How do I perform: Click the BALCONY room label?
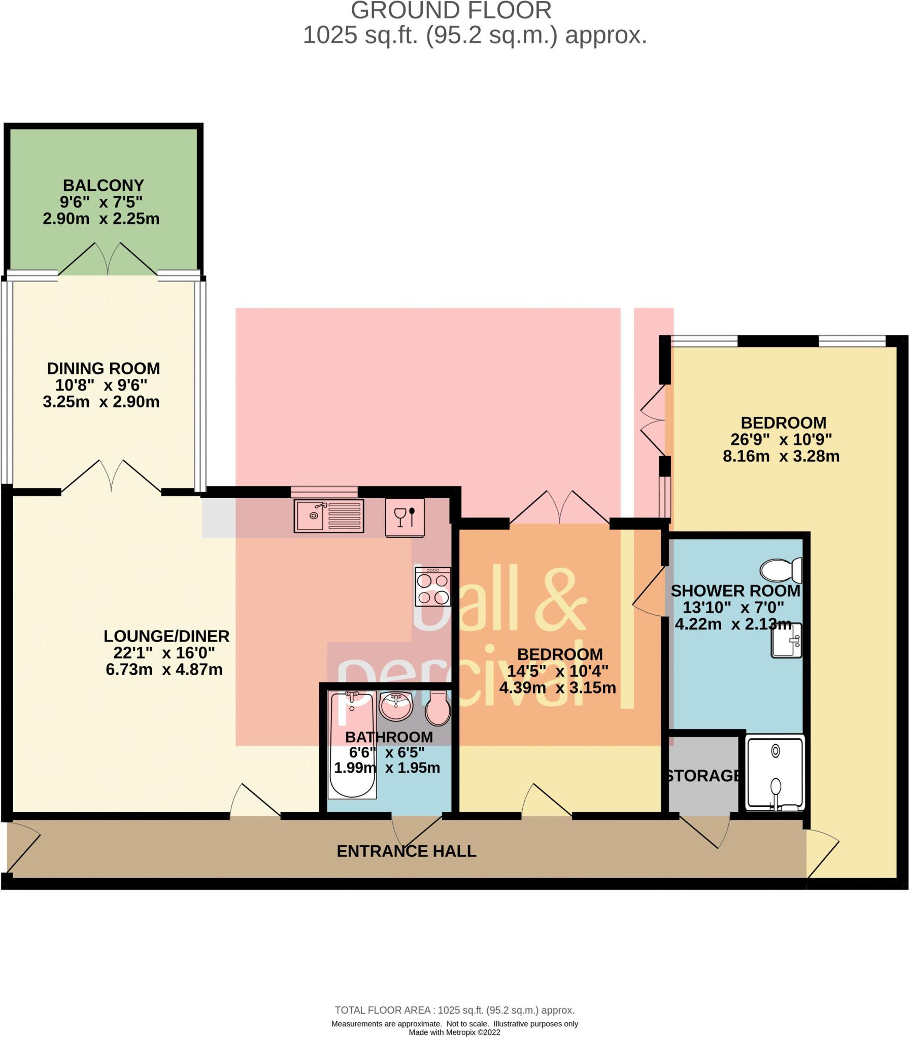pyautogui.click(x=103, y=185)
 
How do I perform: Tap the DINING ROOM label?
pyautogui.click(x=103, y=368)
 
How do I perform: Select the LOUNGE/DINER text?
pyautogui.click(x=166, y=636)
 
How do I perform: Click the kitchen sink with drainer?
pyautogui.click(x=329, y=516)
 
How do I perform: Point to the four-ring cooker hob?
pyautogui.click(x=432, y=586)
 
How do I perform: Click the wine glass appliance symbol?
pyautogui.click(x=405, y=517)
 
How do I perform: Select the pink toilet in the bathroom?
pyautogui.click(x=437, y=708)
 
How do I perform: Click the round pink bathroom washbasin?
pyautogui.click(x=396, y=705)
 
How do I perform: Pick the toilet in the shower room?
pyautogui.click(x=781, y=570)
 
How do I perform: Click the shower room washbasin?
pyautogui.click(x=786, y=641)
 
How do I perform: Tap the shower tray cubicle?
pyautogui.click(x=775, y=773)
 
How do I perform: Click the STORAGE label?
pyautogui.click(x=703, y=776)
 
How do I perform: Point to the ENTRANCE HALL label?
pyautogui.click(x=407, y=851)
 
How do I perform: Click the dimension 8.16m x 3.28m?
pyautogui.click(x=781, y=456)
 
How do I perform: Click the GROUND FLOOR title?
pyautogui.click(x=451, y=11)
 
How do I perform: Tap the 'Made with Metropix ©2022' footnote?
pyautogui.click(x=454, y=1032)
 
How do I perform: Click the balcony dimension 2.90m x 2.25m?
pyautogui.click(x=101, y=219)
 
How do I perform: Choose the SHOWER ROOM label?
pyautogui.click(x=735, y=591)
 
